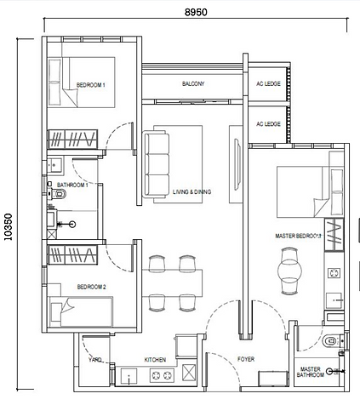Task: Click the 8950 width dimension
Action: [197, 12]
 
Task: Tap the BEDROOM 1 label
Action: [90, 85]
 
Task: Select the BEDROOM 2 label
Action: [90, 287]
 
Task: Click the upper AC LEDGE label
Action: [267, 84]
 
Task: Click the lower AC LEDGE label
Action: [267, 124]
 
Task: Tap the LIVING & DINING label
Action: [191, 192]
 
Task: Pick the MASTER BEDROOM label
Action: [297, 235]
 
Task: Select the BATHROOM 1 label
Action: [72, 185]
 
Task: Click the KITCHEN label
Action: [155, 360]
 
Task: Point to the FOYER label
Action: [246, 360]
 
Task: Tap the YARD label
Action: [95, 360]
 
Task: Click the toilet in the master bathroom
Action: [332, 342]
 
